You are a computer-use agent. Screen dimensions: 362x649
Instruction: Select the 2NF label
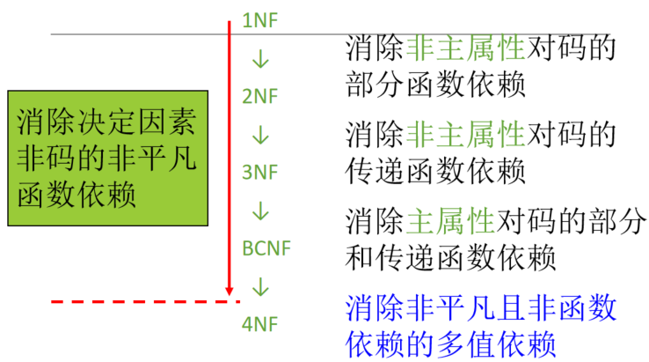pos(259,96)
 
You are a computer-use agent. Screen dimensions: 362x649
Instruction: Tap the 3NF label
pos(259,173)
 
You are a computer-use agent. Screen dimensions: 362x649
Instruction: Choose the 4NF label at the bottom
pos(259,324)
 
